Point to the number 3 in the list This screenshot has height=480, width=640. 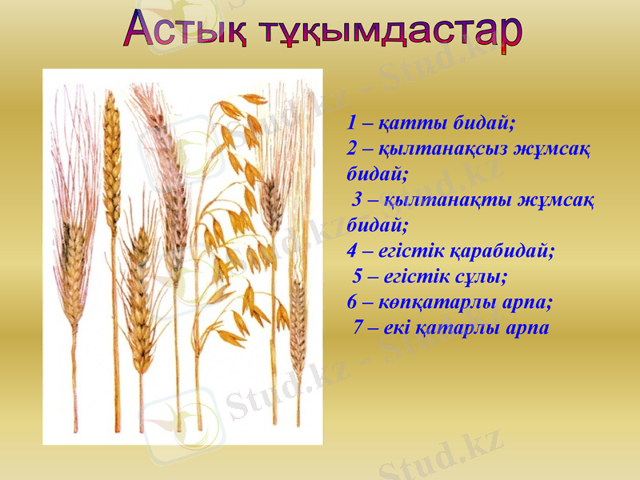358,199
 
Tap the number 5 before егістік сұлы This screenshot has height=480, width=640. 358,277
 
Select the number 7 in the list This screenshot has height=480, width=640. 358,328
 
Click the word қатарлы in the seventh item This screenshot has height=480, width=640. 464,328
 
